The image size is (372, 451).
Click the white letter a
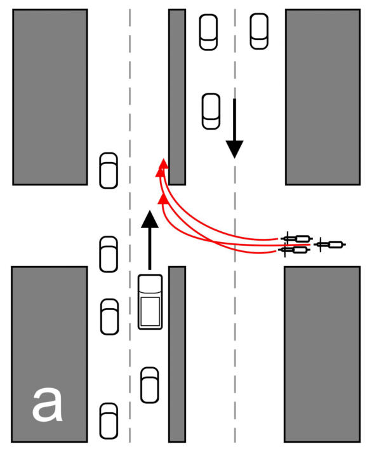(x=48, y=404)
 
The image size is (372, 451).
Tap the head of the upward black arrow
(x=149, y=219)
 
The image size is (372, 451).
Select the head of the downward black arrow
(x=235, y=149)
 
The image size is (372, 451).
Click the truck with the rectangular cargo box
(x=150, y=302)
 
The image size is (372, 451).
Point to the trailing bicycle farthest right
(x=329, y=245)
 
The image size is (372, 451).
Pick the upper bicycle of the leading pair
(x=296, y=238)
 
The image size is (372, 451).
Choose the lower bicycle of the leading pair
(x=294, y=250)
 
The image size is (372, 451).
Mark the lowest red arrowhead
(x=163, y=198)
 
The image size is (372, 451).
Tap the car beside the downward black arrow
(x=211, y=111)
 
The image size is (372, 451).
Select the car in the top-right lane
(x=259, y=31)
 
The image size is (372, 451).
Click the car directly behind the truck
(x=149, y=385)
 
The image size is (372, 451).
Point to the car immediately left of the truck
(x=109, y=317)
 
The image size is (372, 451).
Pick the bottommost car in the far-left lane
(x=109, y=421)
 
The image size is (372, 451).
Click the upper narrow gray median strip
(x=177, y=97)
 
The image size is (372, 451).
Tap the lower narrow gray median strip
(x=177, y=354)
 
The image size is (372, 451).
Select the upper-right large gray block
(x=323, y=97)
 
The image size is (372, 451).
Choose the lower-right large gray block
(x=322, y=354)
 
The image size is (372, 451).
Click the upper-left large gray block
(x=50, y=97)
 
